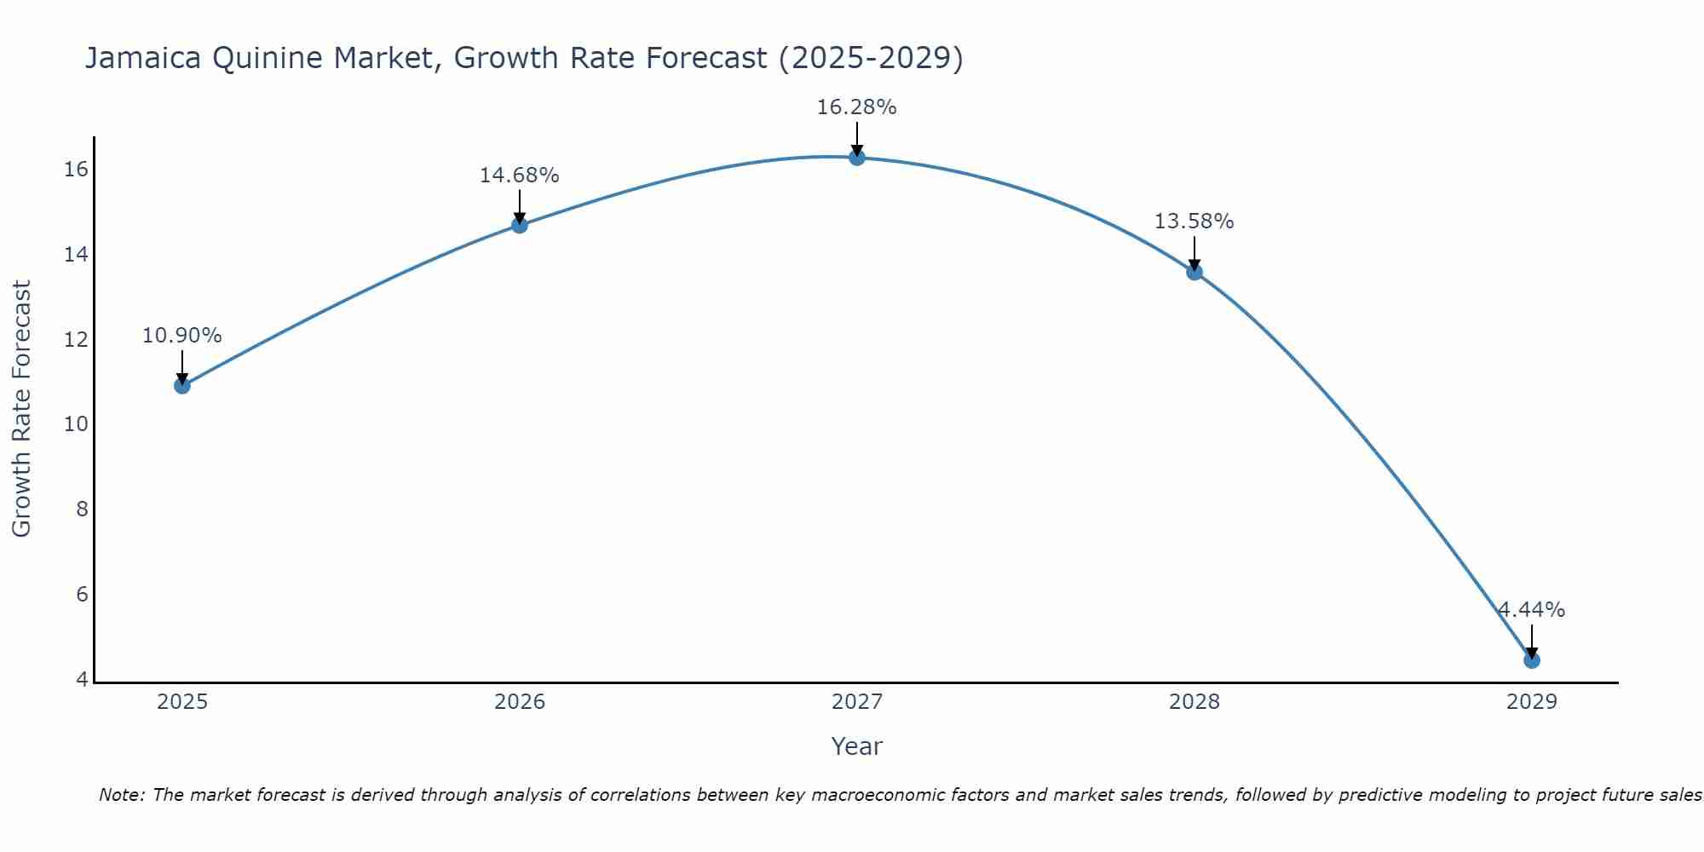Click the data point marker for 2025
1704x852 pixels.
[x=181, y=386]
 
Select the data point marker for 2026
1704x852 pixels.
[x=519, y=225]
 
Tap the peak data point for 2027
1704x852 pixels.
[x=856, y=158]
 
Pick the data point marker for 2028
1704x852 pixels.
[x=1194, y=273]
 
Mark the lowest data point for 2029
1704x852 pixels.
[x=1531, y=660]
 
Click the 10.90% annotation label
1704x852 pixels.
[x=181, y=336]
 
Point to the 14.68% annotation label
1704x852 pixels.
[x=519, y=176]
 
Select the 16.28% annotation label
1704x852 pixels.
[x=856, y=107]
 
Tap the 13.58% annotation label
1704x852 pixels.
[x=1194, y=222]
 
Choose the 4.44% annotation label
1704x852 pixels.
[x=1531, y=610]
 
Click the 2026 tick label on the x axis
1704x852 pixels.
[x=520, y=702]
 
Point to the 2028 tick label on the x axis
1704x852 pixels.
[x=1194, y=702]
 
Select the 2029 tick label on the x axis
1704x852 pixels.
[x=1531, y=702]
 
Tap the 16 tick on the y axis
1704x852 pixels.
[x=76, y=170]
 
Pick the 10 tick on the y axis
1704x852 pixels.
[x=76, y=424]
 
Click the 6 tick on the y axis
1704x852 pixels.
[x=82, y=595]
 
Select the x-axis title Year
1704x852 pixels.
[x=856, y=746]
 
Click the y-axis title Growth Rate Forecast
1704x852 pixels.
[x=21, y=409]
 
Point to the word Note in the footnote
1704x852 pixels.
[x=122, y=795]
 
